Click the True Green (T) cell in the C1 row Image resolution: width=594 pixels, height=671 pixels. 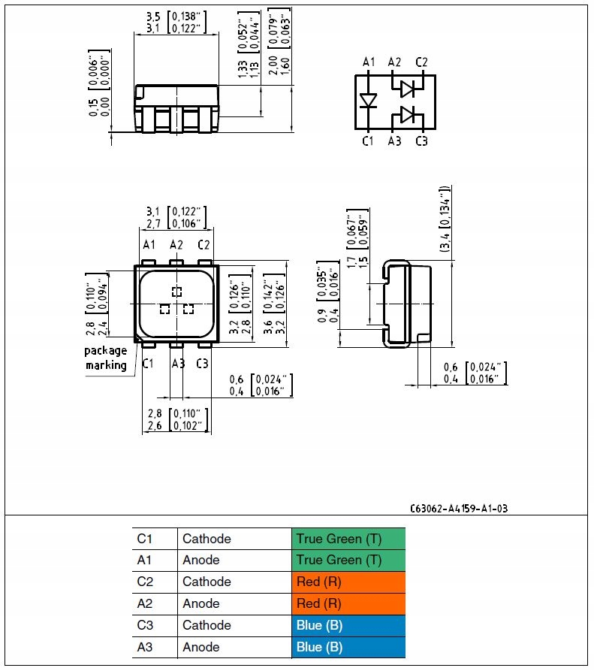tap(348, 539)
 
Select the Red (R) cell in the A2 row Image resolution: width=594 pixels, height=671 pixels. tap(348, 604)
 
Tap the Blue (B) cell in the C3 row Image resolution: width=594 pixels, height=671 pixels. tap(348, 626)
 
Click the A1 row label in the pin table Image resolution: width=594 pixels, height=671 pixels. tap(144, 560)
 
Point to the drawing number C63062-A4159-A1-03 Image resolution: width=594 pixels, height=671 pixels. tap(459, 509)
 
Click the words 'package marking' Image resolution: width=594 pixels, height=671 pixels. tap(106, 358)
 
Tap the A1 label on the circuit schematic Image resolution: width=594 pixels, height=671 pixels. tap(369, 62)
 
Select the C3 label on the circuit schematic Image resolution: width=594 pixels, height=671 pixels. tap(422, 141)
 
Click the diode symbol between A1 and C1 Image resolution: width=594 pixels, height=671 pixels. tap(368, 101)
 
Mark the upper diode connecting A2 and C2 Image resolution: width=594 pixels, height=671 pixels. tap(408, 89)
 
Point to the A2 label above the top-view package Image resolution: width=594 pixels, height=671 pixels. tap(176, 245)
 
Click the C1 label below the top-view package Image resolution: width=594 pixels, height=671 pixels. tap(147, 364)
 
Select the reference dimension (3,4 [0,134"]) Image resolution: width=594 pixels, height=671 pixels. tap(445, 219)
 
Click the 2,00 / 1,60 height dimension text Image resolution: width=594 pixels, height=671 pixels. tap(279, 41)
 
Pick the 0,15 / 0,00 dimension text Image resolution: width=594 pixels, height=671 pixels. tap(99, 83)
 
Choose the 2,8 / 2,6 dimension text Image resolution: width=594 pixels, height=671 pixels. tap(178, 419)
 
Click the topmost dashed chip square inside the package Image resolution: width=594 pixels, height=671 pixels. tap(176, 292)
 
